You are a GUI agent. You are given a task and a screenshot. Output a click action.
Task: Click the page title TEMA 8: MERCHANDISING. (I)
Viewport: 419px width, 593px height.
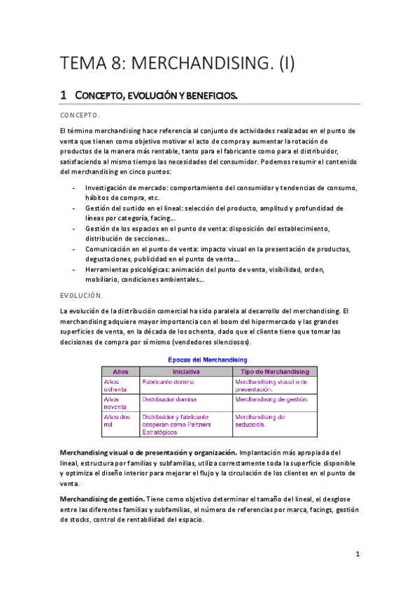(178, 64)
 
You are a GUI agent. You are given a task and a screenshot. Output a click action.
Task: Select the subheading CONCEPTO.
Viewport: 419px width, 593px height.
(80, 115)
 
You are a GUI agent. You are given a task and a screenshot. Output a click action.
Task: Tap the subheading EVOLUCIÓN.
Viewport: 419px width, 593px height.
(83, 296)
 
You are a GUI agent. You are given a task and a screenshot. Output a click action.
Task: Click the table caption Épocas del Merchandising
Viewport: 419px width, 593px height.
(210, 359)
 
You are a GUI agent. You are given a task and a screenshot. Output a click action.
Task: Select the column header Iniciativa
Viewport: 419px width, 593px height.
(185, 371)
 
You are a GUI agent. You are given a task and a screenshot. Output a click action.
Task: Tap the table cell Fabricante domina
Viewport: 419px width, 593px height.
(169, 383)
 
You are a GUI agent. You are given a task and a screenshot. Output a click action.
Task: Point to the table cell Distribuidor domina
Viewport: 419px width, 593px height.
(169, 399)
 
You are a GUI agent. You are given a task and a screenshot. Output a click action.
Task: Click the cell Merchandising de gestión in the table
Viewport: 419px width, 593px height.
(271, 399)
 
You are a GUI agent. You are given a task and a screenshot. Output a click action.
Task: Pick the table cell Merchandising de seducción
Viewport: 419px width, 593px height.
(260, 420)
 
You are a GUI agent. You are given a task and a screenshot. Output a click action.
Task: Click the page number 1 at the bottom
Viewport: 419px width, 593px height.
(357, 554)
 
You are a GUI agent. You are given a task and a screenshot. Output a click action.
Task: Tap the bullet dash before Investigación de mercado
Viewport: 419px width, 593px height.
(74, 188)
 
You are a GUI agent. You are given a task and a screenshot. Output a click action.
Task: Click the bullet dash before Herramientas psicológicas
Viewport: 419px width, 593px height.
(74, 271)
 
